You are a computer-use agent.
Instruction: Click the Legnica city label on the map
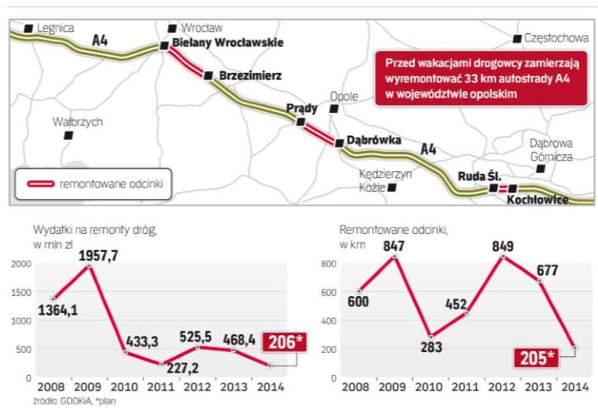[57, 28]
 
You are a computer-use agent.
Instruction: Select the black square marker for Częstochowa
[518, 38]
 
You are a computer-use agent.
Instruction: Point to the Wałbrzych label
[77, 122]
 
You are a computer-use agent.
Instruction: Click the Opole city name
[344, 96]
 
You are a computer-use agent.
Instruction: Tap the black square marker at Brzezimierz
[208, 75]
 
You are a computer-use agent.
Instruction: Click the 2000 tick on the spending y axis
[20, 265]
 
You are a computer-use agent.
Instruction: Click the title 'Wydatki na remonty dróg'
[96, 229]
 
